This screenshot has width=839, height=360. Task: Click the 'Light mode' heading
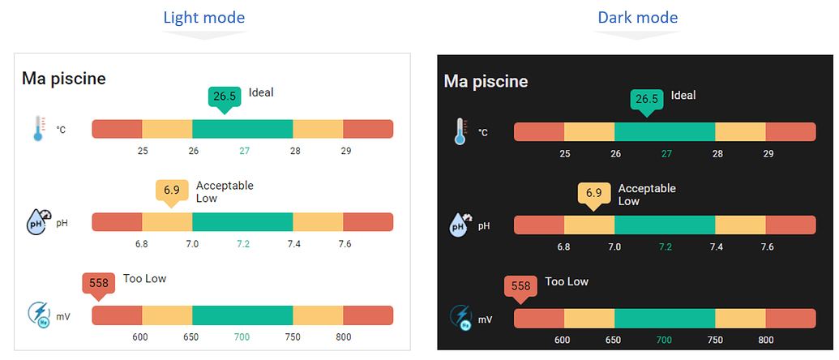[x=203, y=17]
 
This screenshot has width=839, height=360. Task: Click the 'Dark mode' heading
[x=637, y=17]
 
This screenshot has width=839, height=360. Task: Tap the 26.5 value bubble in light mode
[x=225, y=96]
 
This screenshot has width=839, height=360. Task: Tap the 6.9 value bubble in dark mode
[x=593, y=193]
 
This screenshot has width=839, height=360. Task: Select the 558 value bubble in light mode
[x=99, y=283]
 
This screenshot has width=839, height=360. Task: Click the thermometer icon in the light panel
[x=37, y=129]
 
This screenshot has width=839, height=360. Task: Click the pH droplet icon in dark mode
[x=460, y=225]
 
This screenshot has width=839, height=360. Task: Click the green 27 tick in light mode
[x=244, y=151]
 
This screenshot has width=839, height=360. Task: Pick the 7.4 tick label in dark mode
[x=717, y=246]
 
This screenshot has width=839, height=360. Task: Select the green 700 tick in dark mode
[x=664, y=340]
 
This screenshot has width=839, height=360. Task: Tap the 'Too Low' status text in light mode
[x=144, y=279]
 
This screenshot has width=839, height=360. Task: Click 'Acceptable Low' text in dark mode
[x=646, y=195]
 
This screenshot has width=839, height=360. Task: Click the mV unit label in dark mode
[x=485, y=319]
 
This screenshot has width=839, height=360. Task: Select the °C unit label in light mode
[x=61, y=129]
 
